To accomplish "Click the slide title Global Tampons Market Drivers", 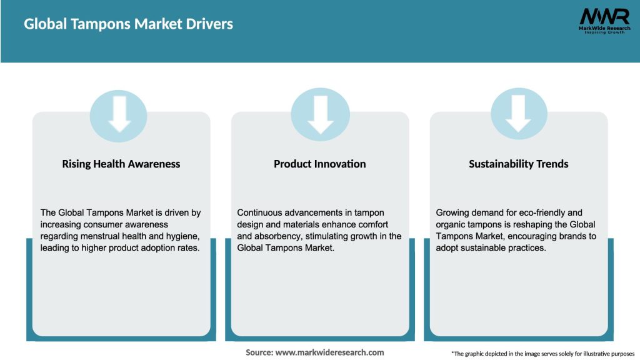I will coord(128,24).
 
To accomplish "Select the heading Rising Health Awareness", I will coord(121,164).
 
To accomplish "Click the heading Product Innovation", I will coord(319,164).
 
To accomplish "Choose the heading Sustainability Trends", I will coord(518,164).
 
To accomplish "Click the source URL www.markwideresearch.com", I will coord(329,352).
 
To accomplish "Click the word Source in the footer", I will coord(259,352).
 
